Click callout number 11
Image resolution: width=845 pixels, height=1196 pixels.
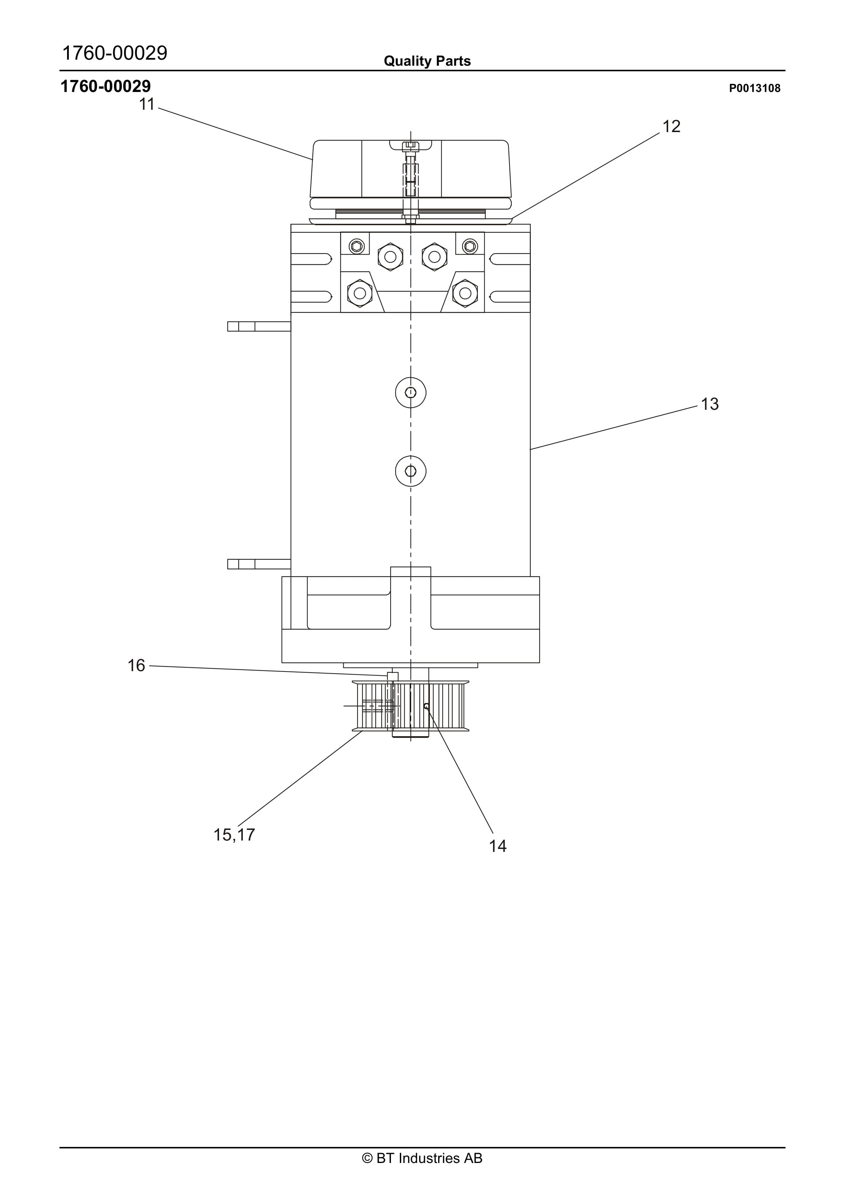[x=147, y=105]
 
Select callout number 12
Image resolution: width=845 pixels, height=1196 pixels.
[x=671, y=126]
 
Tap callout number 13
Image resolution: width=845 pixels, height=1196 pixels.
[x=709, y=404]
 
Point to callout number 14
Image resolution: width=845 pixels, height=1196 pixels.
[x=497, y=846]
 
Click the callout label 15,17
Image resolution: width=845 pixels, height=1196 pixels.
[x=234, y=835]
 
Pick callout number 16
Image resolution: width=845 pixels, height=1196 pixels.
[x=136, y=666]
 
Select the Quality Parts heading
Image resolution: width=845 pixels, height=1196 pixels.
[x=427, y=61]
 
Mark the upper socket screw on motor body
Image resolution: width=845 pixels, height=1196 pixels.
[x=410, y=393]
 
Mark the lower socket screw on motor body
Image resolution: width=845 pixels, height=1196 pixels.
[x=410, y=472]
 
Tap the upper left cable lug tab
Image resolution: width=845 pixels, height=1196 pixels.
[x=258, y=327]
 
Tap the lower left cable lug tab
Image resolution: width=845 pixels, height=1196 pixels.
[x=258, y=564]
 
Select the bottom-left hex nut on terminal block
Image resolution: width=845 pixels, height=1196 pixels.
[x=359, y=293]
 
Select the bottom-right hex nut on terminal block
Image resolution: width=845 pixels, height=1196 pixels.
[x=465, y=293]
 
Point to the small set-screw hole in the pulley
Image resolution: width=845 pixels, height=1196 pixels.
[x=426, y=706]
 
